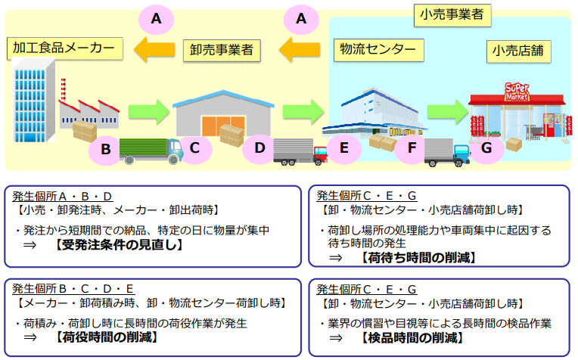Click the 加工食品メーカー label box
[x=64, y=49]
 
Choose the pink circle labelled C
[x=194, y=148]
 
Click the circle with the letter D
[x=259, y=148]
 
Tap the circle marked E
[x=344, y=148]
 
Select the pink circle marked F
[x=412, y=148]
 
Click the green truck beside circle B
[x=151, y=150]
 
